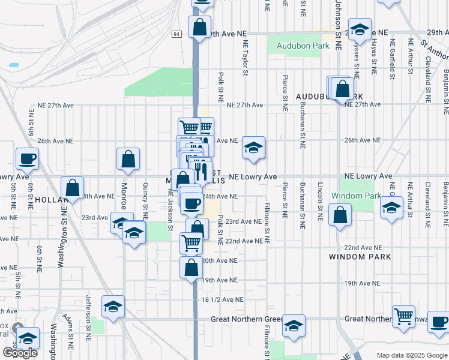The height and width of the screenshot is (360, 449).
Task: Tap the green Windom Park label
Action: pos(356,196)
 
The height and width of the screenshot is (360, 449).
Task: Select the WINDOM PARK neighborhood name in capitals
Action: pos(360,257)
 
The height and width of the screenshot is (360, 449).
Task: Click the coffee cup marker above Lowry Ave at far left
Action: pos(27,160)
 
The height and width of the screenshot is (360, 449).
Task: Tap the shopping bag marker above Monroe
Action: pos(128,160)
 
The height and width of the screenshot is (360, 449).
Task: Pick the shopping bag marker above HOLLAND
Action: pos(73,188)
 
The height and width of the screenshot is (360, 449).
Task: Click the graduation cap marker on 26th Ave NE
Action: pos(254,148)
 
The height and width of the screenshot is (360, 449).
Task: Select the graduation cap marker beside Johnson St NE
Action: pos(359,29)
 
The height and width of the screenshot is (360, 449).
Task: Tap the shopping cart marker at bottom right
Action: pos(403,316)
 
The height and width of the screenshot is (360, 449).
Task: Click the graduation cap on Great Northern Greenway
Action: pos(294,326)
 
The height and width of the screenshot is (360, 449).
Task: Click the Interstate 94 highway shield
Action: pos(176,34)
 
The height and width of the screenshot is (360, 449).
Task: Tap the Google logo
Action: pos(19,353)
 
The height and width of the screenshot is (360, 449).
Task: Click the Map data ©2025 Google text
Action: pos(412,355)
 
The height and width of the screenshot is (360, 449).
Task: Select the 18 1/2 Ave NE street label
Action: pos(223,299)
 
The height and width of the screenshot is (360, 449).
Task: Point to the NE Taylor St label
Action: pos(245,58)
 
